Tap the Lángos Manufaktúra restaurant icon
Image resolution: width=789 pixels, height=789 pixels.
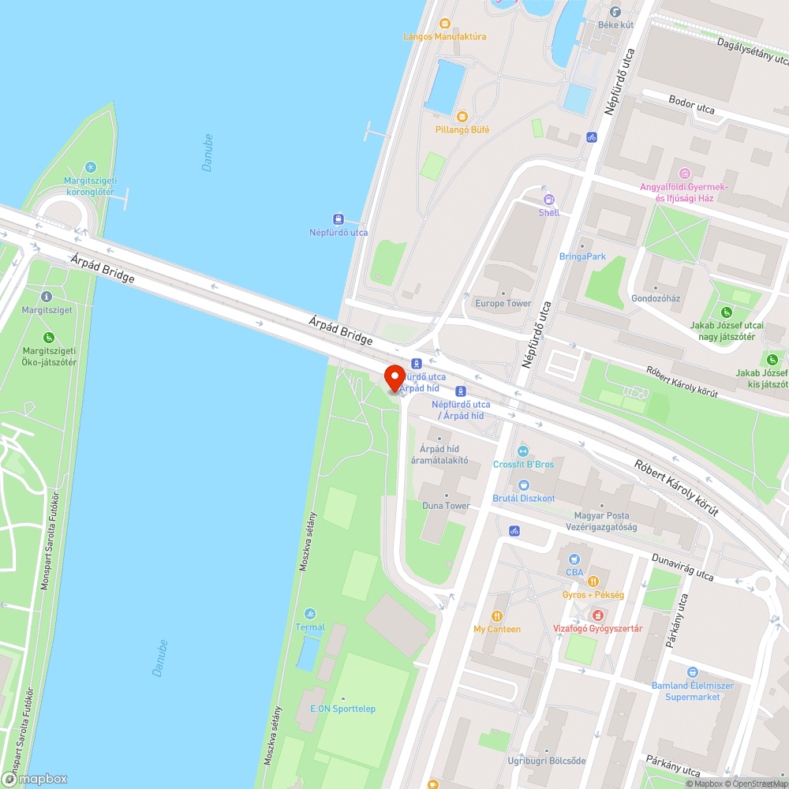pyautogui.click(x=444, y=23)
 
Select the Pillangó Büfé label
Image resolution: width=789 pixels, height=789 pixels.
pyautogui.click(x=462, y=129)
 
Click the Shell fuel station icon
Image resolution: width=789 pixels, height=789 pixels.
pyautogui.click(x=549, y=200)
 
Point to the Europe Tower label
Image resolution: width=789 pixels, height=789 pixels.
pyautogui.click(x=503, y=304)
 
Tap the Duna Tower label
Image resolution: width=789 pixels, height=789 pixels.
pyautogui.click(x=446, y=506)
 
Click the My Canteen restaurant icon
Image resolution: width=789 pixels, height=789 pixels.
pyautogui.click(x=497, y=615)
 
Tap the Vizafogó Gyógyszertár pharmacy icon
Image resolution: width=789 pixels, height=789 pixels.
pyautogui.click(x=598, y=615)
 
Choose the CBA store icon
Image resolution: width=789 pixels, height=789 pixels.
pyautogui.click(x=574, y=559)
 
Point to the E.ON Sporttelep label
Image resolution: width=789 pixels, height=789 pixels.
pyautogui.click(x=342, y=709)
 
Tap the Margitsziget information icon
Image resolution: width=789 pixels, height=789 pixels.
pyautogui.click(x=47, y=297)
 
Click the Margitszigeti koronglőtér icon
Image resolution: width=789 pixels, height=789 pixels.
pyautogui.click(x=90, y=167)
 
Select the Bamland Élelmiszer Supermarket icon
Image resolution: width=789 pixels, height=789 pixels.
pyautogui.click(x=692, y=672)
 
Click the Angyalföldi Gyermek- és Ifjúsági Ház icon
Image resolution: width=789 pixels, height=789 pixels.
pyautogui.click(x=685, y=173)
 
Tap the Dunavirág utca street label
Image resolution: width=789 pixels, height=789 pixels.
pyautogui.click(x=682, y=567)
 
